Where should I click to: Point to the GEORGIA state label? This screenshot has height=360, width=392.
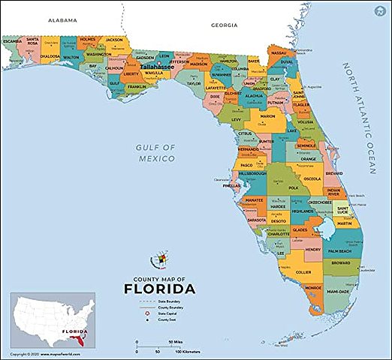[224, 25]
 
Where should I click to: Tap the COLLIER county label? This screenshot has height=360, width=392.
[303, 272]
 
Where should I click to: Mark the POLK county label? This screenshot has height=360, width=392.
[293, 187]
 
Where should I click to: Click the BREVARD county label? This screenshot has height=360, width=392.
[333, 173]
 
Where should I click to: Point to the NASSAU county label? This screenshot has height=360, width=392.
[279, 53]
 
